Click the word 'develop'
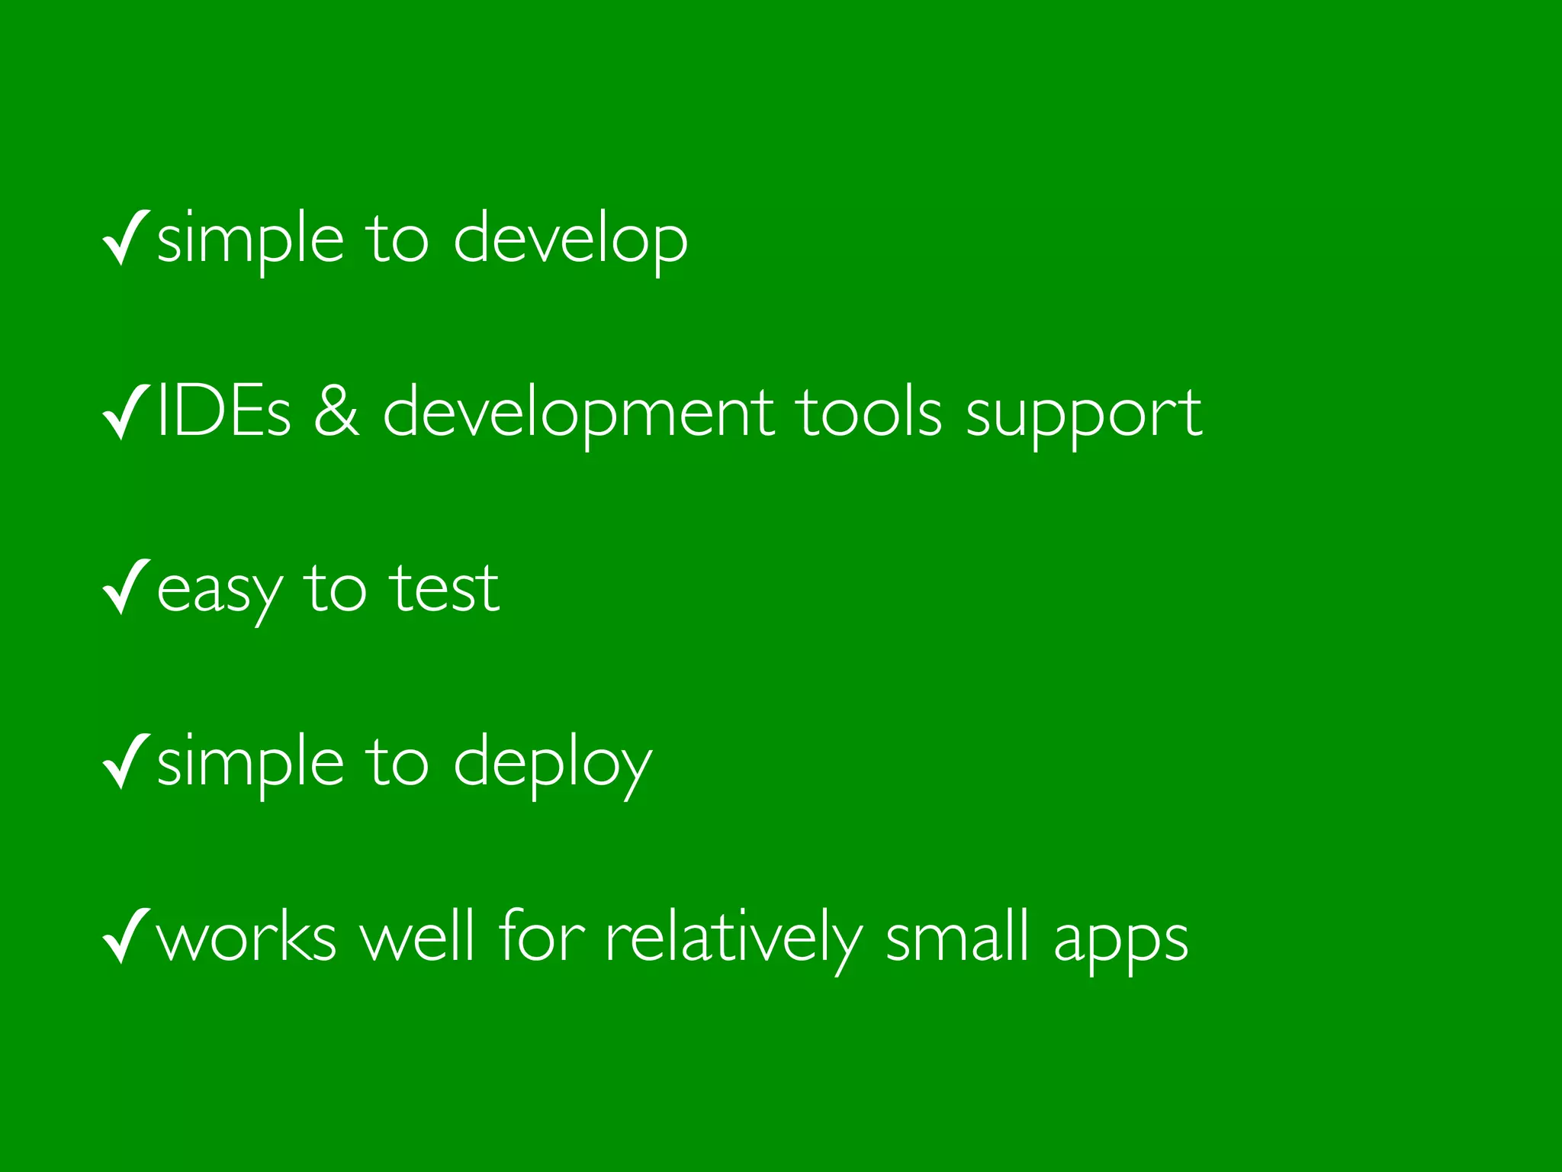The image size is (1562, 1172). coord(570,240)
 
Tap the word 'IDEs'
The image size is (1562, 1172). coord(223,413)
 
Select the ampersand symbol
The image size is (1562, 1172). coord(336,413)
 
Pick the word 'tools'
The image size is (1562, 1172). coord(870,413)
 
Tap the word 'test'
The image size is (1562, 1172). coord(444,588)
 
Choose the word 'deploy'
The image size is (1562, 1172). coord(553,765)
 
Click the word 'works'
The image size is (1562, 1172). coord(246,937)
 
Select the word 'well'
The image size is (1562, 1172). coord(417,935)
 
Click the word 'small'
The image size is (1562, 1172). coord(957,936)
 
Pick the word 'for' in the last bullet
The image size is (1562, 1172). coord(542,935)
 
